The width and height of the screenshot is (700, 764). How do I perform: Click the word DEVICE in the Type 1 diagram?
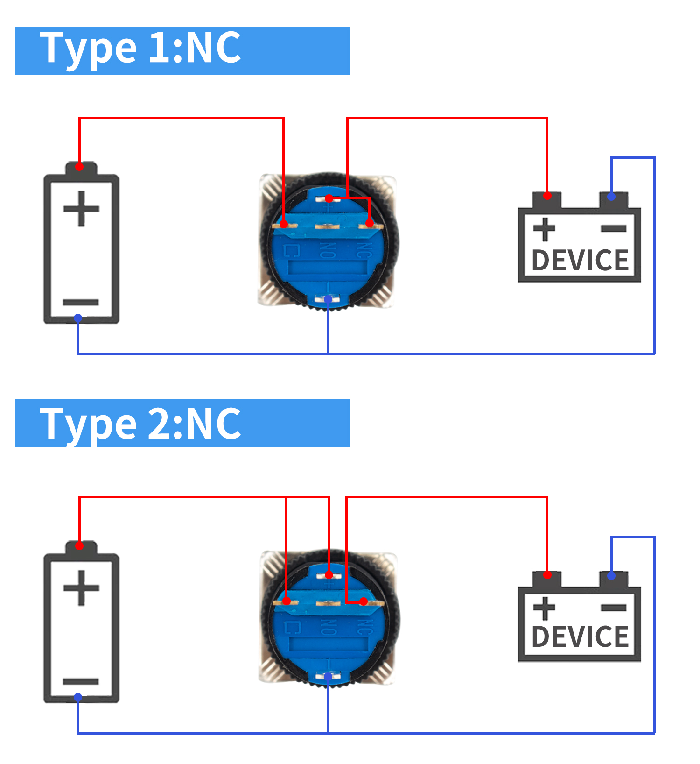click(x=580, y=261)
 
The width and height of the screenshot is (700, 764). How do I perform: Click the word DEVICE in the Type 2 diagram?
click(x=580, y=637)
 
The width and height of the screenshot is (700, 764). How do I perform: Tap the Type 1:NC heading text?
click(x=140, y=48)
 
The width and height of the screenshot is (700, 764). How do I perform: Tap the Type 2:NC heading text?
click(x=140, y=424)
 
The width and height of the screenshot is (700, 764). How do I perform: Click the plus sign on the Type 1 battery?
click(x=81, y=209)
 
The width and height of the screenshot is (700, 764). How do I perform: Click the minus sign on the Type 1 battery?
click(x=80, y=303)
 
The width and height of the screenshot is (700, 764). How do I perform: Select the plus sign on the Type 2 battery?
click(x=81, y=588)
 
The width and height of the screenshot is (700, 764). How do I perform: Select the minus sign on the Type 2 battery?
click(x=80, y=682)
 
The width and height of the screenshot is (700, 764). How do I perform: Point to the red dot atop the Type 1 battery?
click(x=80, y=166)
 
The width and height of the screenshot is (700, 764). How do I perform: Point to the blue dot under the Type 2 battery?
click(x=78, y=698)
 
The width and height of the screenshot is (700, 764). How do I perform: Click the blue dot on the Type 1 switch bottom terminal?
click(x=328, y=299)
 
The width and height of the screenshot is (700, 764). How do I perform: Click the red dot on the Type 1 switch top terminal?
click(x=329, y=198)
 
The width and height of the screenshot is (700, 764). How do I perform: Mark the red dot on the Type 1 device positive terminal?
click(x=547, y=196)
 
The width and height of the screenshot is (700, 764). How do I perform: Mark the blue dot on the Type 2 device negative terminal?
click(x=611, y=576)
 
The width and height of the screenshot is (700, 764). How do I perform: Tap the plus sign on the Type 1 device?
click(x=544, y=229)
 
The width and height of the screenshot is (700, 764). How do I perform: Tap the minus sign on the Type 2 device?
click(x=614, y=608)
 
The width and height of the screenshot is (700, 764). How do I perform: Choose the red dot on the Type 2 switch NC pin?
click(x=364, y=601)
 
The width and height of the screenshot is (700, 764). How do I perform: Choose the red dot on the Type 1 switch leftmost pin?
click(x=283, y=225)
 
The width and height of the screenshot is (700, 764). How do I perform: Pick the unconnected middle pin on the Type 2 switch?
click(x=328, y=604)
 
